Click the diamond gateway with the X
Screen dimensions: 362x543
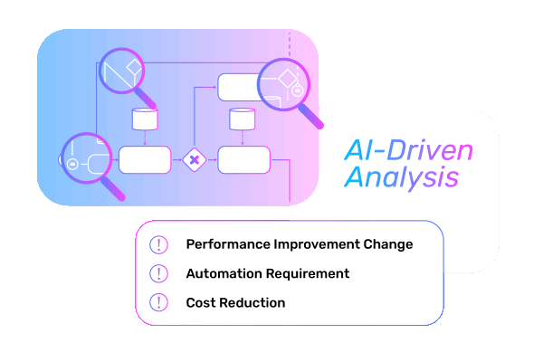(193, 160)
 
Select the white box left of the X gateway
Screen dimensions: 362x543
(145, 159)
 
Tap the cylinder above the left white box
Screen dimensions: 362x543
(145, 119)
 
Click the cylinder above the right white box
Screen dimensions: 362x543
(242, 119)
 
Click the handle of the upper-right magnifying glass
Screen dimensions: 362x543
(310, 113)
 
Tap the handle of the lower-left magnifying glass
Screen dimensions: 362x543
(113, 186)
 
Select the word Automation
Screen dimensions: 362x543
(222, 273)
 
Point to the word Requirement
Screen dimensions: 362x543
(305, 273)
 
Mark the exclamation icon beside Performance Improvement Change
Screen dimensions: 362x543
(159, 244)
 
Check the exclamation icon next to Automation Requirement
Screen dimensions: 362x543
(159, 273)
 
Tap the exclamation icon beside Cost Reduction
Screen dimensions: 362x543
(159, 302)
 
